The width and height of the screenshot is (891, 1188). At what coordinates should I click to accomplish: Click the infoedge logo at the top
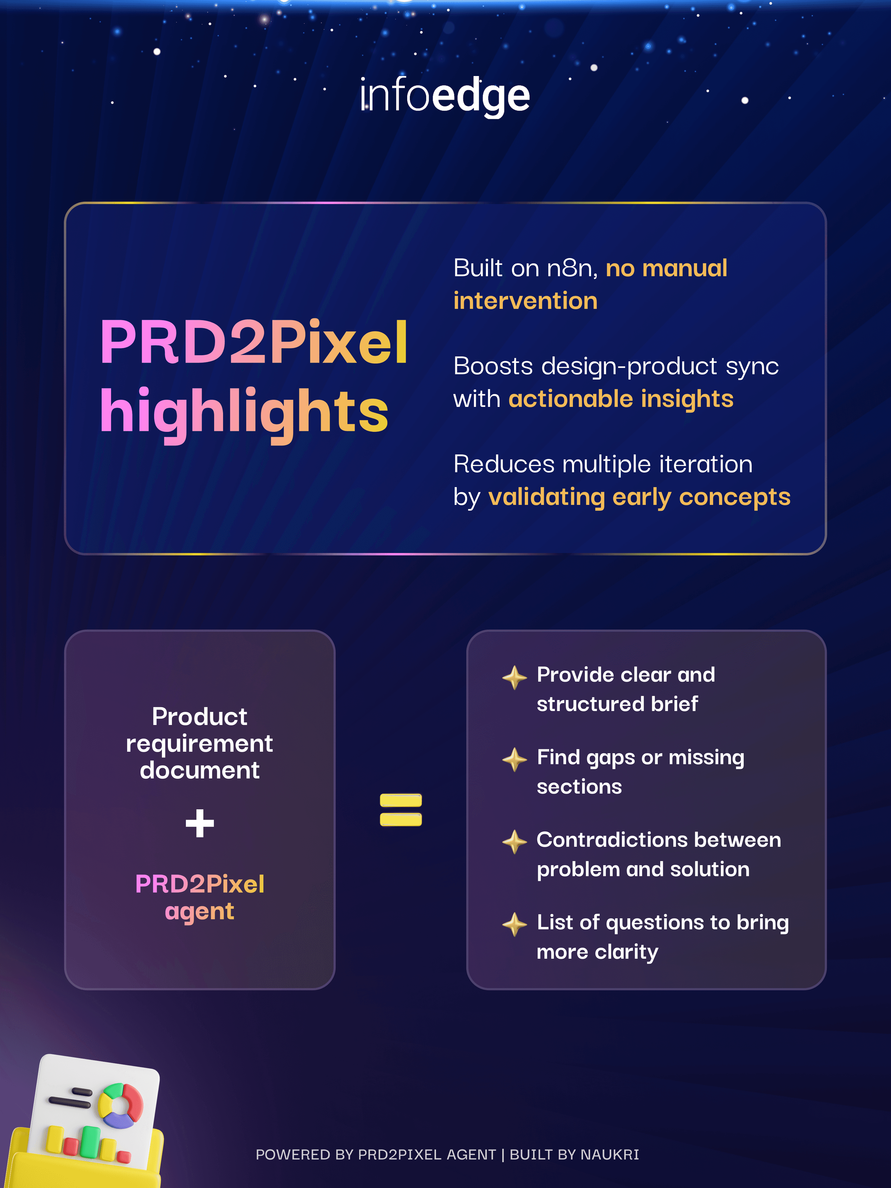445,96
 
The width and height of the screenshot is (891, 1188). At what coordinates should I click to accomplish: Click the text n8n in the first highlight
571,268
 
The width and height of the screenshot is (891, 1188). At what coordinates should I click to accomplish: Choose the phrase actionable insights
620,399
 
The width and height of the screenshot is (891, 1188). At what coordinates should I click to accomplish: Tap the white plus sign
200,823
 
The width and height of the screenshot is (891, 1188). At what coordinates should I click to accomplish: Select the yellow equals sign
401,809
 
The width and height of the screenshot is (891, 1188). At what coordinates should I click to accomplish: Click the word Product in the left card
200,716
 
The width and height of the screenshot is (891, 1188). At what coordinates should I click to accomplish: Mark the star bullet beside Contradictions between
514,842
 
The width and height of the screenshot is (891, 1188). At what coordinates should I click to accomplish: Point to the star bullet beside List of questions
514,924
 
